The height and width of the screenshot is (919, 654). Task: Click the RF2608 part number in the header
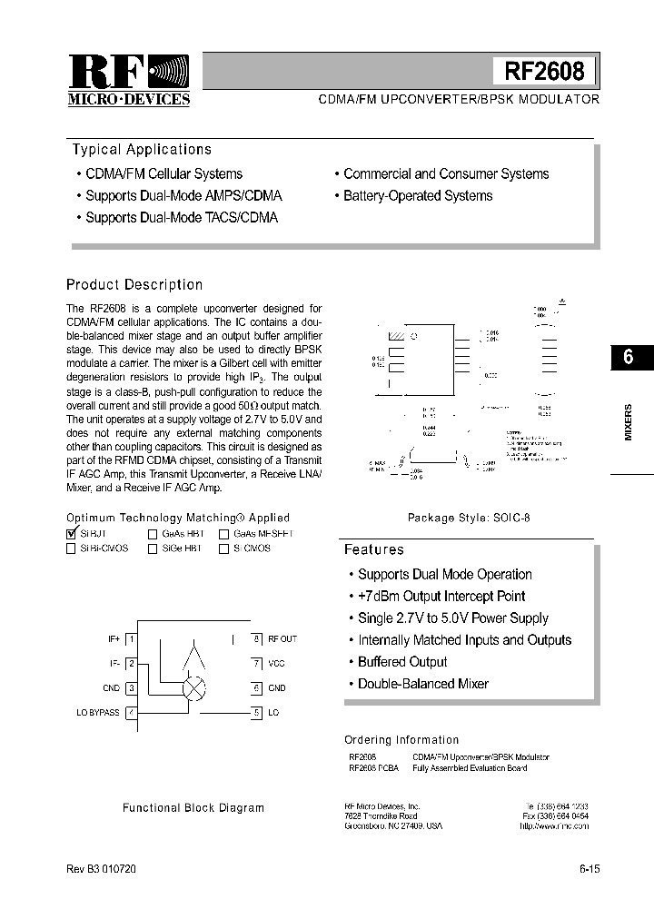point(544,71)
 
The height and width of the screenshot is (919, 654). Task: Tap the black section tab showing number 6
point(628,357)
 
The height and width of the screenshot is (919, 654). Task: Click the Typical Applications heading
point(142,150)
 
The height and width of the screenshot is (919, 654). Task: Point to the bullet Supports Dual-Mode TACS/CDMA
point(181,218)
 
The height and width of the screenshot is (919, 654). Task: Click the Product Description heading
point(134,285)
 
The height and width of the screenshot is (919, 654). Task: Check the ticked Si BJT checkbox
point(72,534)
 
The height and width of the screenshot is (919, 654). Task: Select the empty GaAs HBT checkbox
point(153,535)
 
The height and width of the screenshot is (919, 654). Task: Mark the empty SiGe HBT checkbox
point(153,548)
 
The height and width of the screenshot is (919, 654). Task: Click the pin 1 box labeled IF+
point(131,639)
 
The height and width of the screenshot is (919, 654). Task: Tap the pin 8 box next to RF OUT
point(257,639)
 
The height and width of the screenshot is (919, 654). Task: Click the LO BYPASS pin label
point(97,713)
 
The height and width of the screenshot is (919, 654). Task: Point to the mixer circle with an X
point(194,688)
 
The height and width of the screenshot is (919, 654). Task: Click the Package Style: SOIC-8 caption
point(468,518)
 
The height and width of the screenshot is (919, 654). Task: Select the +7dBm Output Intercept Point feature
point(441,597)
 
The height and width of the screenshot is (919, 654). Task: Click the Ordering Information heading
point(401,740)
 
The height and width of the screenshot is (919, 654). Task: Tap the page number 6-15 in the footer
point(589,868)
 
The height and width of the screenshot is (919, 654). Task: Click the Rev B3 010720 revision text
point(101,868)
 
